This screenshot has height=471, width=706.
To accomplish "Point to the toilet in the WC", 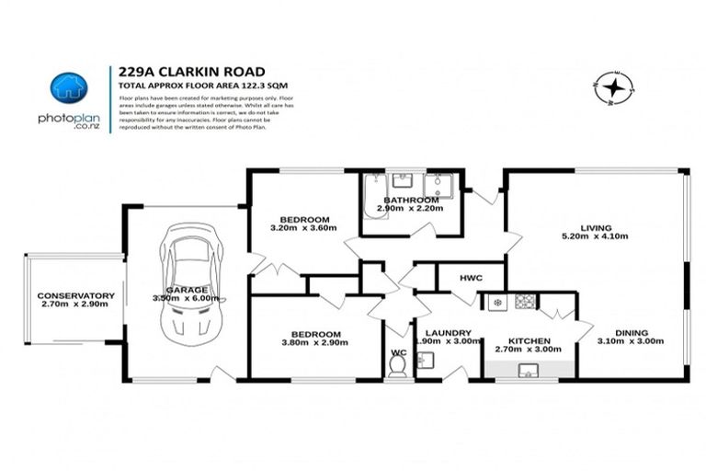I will coord(397,366).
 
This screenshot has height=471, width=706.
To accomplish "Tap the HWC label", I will coord(471,277).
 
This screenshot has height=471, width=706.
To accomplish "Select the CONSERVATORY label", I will coord(76,295).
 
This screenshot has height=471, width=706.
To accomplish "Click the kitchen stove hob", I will coord(525,301).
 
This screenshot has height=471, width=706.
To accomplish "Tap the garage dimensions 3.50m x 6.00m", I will coord(188,298).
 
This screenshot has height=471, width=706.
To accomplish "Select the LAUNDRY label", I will coord(449,332).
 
